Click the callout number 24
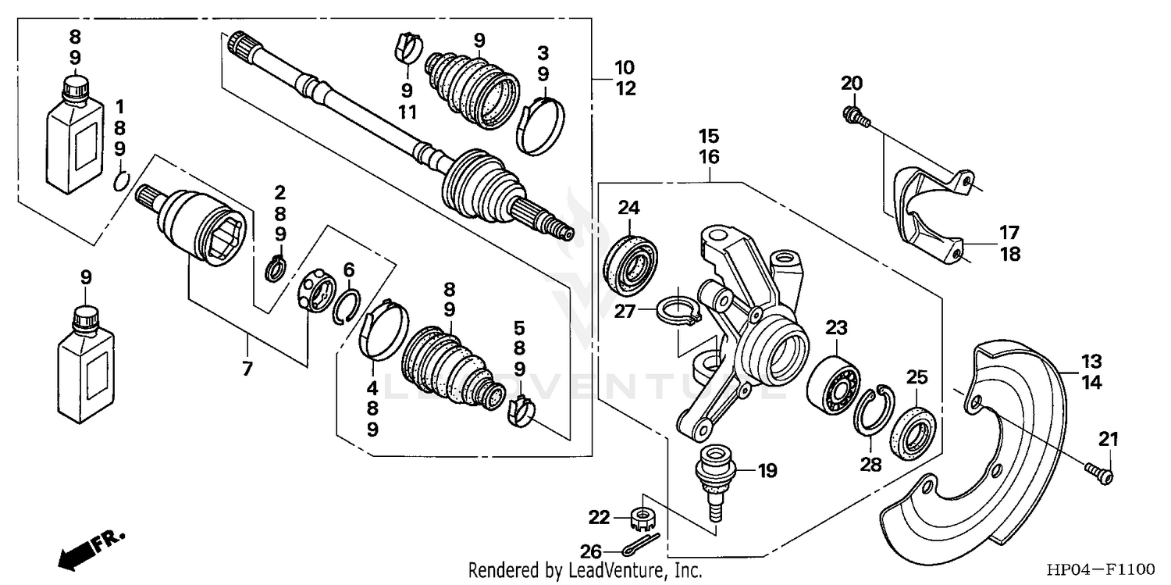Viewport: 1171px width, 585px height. pyautogui.click(x=628, y=208)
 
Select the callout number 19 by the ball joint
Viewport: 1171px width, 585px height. pyautogui.click(x=768, y=470)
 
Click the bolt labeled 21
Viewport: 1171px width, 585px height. pyautogui.click(x=1099, y=472)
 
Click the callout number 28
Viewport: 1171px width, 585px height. pyautogui.click(x=870, y=465)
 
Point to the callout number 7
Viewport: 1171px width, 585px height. pyautogui.click(x=247, y=369)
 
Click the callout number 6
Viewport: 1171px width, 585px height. pyautogui.click(x=349, y=269)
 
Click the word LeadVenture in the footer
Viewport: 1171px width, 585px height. pyautogui.click(x=610, y=571)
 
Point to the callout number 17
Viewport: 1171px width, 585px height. pyautogui.click(x=1009, y=232)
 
